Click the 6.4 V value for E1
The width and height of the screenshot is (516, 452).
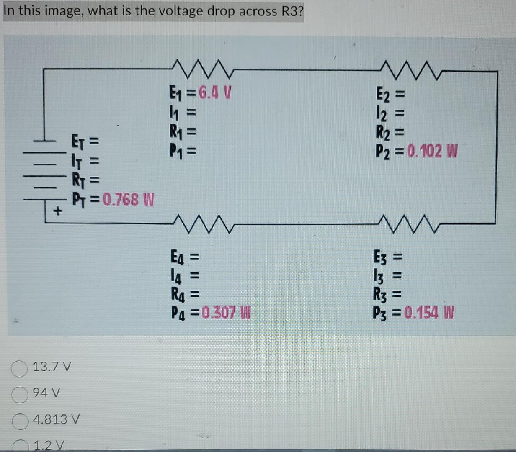(215, 91)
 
